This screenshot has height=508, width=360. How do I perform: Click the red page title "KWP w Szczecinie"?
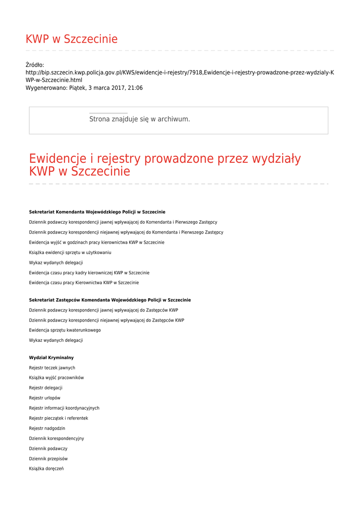(x=72, y=39)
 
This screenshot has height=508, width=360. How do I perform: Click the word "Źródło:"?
(x=35, y=65)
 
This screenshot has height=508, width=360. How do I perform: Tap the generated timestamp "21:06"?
(x=135, y=88)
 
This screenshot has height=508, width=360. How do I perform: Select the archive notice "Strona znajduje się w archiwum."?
(x=140, y=119)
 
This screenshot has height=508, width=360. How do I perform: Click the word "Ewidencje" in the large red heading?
(x=57, y=159)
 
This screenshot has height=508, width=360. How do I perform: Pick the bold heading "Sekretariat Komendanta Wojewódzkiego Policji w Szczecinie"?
(x=97, y=212)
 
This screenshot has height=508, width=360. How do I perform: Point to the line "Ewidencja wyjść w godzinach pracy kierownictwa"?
(x=96, y=243)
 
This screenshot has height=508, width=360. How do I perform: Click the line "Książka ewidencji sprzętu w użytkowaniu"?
(x=70, y=253)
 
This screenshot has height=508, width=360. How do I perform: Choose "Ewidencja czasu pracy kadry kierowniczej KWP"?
(x=89, y=273)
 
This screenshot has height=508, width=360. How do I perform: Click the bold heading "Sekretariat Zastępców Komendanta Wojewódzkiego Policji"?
(x=110, y=300)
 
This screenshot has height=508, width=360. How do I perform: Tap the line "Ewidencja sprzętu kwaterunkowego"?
(x=65, y=330)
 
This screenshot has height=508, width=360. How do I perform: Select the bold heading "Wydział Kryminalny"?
(x=51, y=358)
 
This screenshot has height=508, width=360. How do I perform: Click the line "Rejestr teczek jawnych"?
(x=52, y=368)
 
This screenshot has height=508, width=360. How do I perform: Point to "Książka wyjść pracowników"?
(x=56, y=378)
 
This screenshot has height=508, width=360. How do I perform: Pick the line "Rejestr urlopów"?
(x=45, y=398)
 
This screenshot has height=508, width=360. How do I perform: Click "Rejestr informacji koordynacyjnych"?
(x=64, y=408)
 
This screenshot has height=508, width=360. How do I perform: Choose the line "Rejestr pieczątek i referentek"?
(x=59, y=418)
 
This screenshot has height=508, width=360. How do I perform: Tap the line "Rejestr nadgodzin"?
(x=47, y=428)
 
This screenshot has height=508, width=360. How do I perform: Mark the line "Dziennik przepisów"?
(x=48, y=458)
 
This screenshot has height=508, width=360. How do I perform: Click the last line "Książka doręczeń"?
(x=46, y=469)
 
